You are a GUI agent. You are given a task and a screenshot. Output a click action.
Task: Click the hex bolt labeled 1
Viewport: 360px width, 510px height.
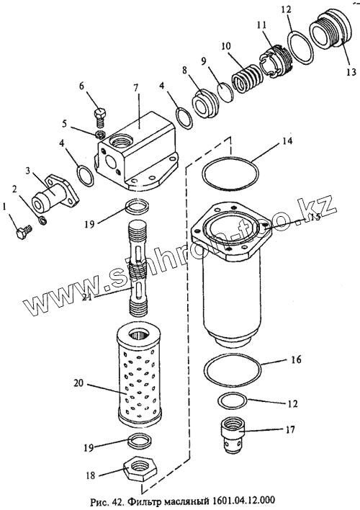point(24,232)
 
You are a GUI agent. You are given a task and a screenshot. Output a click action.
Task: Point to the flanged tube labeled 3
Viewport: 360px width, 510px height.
point(55,193)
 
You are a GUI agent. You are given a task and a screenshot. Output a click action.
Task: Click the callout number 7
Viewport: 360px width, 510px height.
point(135,87)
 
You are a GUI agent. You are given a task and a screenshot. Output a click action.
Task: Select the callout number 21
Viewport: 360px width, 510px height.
point(87,297)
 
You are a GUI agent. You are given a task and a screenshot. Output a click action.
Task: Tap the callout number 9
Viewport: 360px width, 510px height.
point(204,61)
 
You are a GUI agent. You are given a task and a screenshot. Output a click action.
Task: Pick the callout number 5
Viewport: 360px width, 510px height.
point(64,124)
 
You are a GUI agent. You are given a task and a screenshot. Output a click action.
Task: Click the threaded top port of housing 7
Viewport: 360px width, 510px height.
point(121,142)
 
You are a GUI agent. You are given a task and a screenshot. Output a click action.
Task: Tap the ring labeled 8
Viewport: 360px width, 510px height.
point(205,103)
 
